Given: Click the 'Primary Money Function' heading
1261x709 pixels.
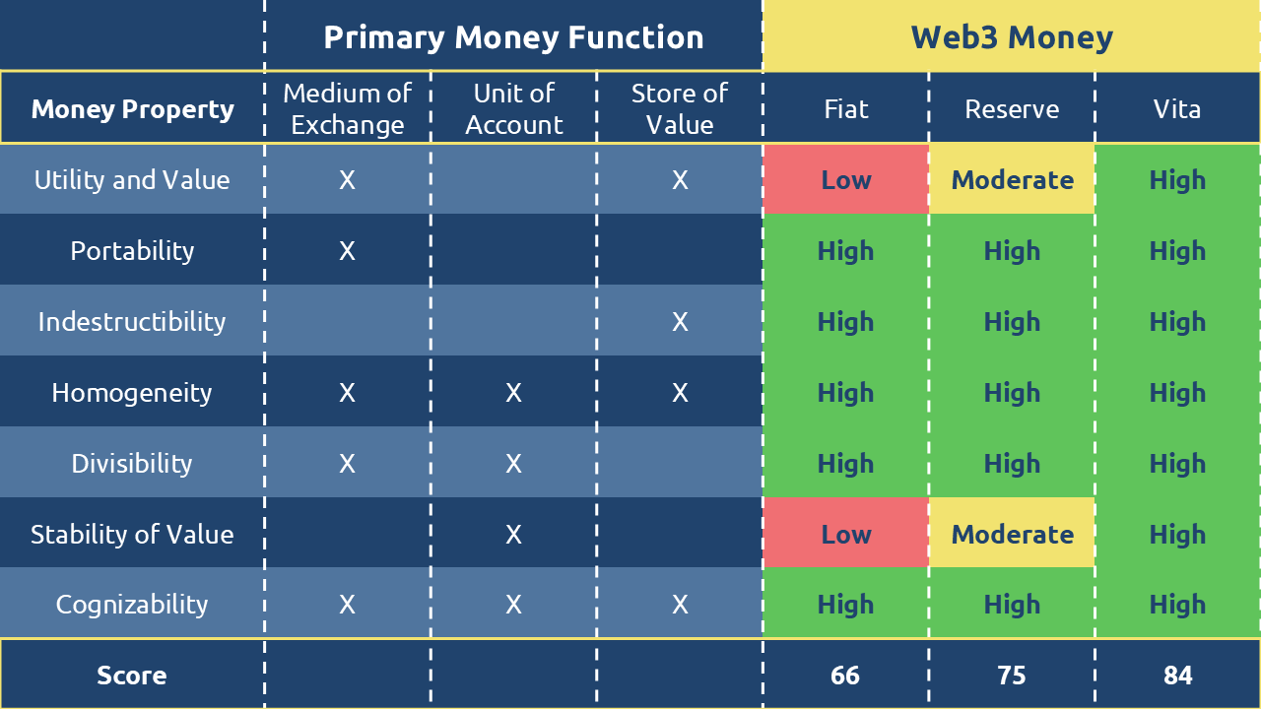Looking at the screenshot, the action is click(513, 37).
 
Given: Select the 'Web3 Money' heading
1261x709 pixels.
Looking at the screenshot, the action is click(1012, 37).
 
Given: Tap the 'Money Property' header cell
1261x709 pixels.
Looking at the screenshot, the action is click(132, 109).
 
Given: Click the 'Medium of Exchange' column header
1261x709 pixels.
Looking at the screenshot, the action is click(348, 108).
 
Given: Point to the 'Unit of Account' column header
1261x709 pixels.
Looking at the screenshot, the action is click(513, 108).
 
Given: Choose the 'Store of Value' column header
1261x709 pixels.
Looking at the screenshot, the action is click(680, 108).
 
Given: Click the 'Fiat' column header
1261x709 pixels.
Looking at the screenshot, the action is click(846, 108).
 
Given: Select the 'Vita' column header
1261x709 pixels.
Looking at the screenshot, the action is click(1177, 108).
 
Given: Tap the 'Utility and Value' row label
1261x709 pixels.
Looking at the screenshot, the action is click(132, 180).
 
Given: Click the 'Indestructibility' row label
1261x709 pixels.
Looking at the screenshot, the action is click(132, 322).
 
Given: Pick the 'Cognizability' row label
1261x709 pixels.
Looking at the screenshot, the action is click(132, 605).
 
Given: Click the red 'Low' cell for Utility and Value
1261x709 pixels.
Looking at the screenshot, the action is click(846, 180).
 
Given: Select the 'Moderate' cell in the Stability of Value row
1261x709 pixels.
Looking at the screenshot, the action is click(1012, 534).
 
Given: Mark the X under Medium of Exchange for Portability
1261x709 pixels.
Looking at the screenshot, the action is click(348, 251).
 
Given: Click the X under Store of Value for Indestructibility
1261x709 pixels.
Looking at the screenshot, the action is click(680, 322).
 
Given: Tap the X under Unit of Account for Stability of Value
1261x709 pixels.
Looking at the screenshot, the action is click(513, 535).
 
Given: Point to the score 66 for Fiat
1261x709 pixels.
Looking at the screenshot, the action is click(845, 676).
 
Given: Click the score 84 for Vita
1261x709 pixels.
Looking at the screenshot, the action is click(1177, 676).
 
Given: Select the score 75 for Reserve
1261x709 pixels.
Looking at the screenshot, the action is click(1012, 676).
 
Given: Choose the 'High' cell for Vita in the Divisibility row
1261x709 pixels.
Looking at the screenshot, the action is click(1177, 464).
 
